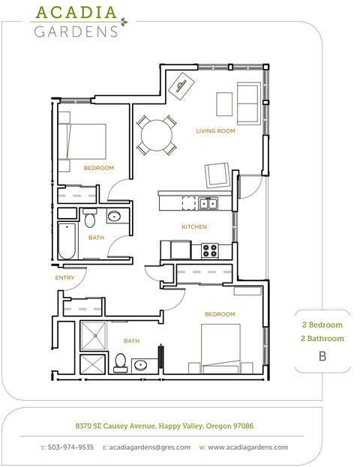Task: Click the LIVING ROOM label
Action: [216, 131]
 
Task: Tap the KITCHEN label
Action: [194, 226]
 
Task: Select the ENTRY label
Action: [64, 278]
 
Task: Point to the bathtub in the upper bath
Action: [67, 241]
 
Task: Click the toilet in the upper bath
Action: [90, 219]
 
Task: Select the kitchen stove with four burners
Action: [210, 249]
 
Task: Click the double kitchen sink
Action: [208, 202]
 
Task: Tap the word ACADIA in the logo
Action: [76, 13]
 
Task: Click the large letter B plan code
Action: [322, 356]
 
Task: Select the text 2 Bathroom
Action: [322, 339]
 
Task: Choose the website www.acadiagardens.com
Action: [248, 448]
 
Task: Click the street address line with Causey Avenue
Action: [164, 426]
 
